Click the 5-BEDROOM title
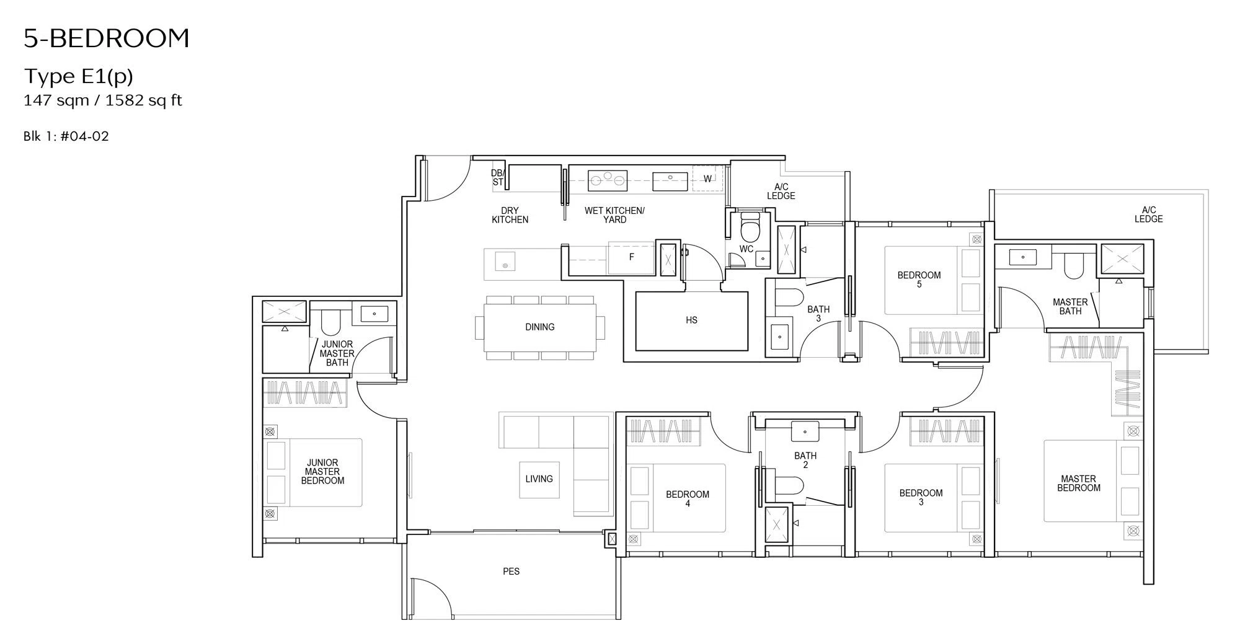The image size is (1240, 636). pos(107,38)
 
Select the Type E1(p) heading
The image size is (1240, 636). pos(79,76)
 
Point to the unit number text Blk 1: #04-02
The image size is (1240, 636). pos(66,136)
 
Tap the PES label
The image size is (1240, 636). pos(511,572)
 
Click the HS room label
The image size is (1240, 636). pos(692,320)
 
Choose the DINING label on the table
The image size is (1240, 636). pos(539,327)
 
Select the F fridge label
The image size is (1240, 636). pos(631,257)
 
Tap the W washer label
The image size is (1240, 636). pos(707,179)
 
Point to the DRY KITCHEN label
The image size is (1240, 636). pos(510,215)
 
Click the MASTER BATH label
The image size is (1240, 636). pos(1070,307)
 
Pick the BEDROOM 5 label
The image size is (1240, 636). pos(919,280)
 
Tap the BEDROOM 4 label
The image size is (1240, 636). pos(688,499)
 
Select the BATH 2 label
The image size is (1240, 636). pos(805,460)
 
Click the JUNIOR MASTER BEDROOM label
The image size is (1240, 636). pos(322,472)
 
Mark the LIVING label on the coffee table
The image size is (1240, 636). pos(539,479)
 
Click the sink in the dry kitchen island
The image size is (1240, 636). pos(505,265)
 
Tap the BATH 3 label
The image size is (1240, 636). pos(818,314)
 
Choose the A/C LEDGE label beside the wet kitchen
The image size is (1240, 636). pos(781,192)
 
